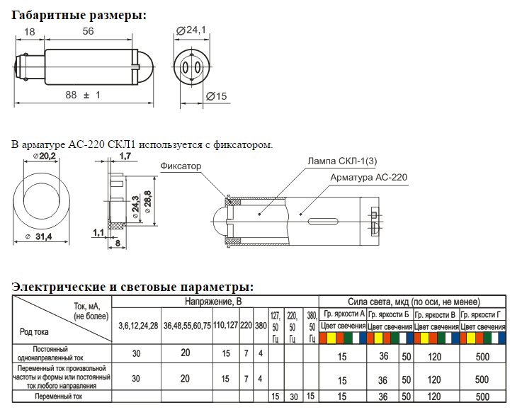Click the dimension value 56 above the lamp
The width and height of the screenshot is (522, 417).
(88, 32)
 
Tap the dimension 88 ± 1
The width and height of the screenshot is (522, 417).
(83, 95)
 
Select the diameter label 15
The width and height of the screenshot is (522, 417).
(217, 96)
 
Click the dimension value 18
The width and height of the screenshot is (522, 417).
(30, 32)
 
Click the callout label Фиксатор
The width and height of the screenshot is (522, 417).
(181, 166)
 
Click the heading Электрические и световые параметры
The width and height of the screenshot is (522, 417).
(132, 287)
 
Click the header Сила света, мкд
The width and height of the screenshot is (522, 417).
(414, 302)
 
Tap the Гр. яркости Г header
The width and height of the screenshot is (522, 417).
(482, 314)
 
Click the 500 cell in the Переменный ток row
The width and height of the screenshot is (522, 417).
(482, 397)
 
